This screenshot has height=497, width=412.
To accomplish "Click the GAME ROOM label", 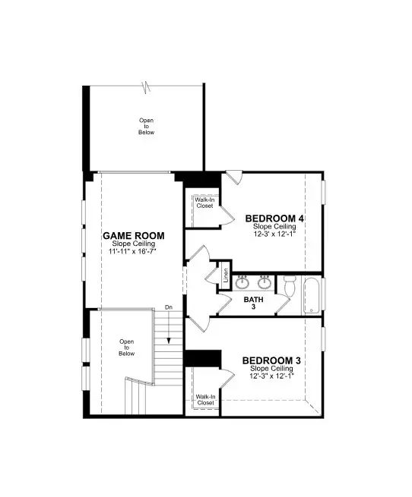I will [x=134, y=236].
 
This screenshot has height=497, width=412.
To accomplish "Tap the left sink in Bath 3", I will [x=242, y=283].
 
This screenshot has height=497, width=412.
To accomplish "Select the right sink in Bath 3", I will [x=265, y=283].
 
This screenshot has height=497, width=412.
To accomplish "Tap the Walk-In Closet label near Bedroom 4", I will [x=204, y=203].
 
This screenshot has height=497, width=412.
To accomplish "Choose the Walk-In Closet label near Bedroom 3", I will [x=204, y=399].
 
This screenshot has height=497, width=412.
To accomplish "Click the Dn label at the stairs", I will [x=168, y=307].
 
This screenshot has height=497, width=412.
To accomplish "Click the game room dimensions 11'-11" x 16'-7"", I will [x=134, y=250].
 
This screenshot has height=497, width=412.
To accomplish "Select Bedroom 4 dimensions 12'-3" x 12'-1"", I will [x=274, y=234].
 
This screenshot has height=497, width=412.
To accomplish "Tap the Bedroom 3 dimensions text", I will [x=271, y=375].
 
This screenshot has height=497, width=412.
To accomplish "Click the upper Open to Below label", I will [x=147, y=126].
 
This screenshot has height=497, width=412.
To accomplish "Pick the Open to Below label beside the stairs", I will [x=127, y=348].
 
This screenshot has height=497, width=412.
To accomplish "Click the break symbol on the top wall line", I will [x=146, y=85].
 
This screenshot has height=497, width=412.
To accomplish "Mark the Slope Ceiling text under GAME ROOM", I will [x=134, y=244].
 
